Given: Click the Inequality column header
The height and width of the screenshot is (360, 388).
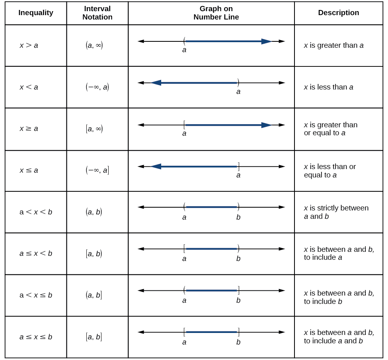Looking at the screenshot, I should click(36, 13).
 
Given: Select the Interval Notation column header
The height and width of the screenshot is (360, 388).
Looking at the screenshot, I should click(97, 13).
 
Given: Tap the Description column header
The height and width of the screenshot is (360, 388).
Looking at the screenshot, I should click(338, 13).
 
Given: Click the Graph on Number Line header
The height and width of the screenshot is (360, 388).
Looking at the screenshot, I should click(216, 13).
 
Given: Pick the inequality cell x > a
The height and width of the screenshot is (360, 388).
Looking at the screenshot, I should click(29, 45).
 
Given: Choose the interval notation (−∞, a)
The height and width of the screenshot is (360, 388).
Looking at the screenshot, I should click(97, 87).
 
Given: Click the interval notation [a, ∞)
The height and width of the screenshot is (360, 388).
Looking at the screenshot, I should click(94, 128).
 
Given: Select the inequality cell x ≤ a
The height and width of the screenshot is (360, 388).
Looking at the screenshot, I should click(29, 170).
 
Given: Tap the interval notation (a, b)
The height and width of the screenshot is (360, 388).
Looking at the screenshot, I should click(94, 212).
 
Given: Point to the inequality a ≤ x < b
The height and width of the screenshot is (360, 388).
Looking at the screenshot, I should click(36, 253).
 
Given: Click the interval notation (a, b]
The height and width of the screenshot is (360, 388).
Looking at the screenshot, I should click(94, 295).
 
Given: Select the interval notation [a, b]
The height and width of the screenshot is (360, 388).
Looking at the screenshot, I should click(94, 337).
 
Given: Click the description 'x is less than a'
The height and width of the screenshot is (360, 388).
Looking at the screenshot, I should click(328, 87).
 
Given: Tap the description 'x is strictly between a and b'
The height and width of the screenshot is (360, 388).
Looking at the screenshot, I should click(336, 212).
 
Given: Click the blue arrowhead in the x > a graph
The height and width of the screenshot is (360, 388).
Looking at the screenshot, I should click(266, 41).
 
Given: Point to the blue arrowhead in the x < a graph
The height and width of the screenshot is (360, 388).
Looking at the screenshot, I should click(156, 83).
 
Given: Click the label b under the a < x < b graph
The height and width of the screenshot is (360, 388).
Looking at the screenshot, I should click(238, 217).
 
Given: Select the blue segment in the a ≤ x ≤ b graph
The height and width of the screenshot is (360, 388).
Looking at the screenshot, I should click(211, 332).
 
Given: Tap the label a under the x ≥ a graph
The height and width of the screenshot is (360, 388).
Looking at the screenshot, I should click(184, 134).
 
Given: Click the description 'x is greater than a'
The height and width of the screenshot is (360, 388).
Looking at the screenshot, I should click(333, 45).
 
